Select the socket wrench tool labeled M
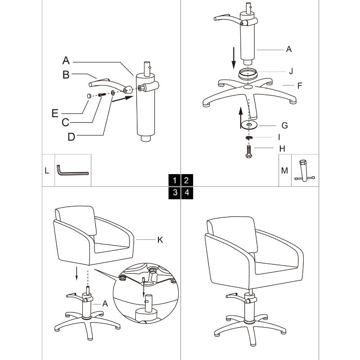coord(304,171)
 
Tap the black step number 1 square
coord(175,180)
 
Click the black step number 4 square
coord(187,193)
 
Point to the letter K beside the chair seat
coord(160,240)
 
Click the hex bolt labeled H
coord(249,152)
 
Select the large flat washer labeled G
coord(249,125)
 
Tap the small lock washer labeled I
coord(249,138)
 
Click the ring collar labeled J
coord(248,74)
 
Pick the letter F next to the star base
coord(300,85)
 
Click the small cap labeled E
coord(89,96)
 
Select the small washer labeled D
coord(113,93)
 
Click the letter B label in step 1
coord(66,75)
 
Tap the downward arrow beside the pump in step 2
coord(234,58)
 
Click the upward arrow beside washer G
coord(241,117)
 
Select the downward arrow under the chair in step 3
coord(76,274)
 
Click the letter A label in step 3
coord(105,303)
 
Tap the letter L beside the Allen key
coord(47,171)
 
